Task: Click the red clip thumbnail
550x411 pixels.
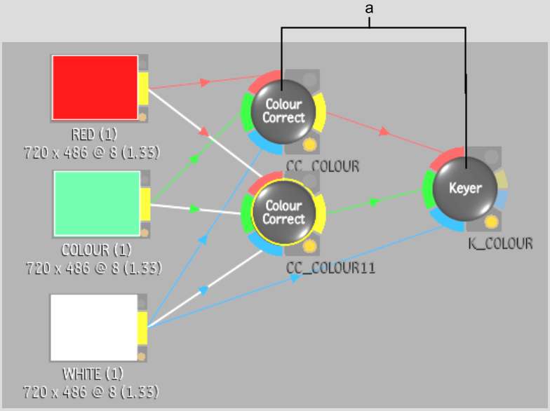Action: click(95, 88)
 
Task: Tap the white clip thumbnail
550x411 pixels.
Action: click(94, 328)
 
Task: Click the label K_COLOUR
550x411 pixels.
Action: click(500, 244)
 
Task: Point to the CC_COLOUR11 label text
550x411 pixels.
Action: click(321, 267)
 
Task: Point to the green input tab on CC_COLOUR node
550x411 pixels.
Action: click(246, 113)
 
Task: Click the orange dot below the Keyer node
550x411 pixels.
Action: click(491, 223)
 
